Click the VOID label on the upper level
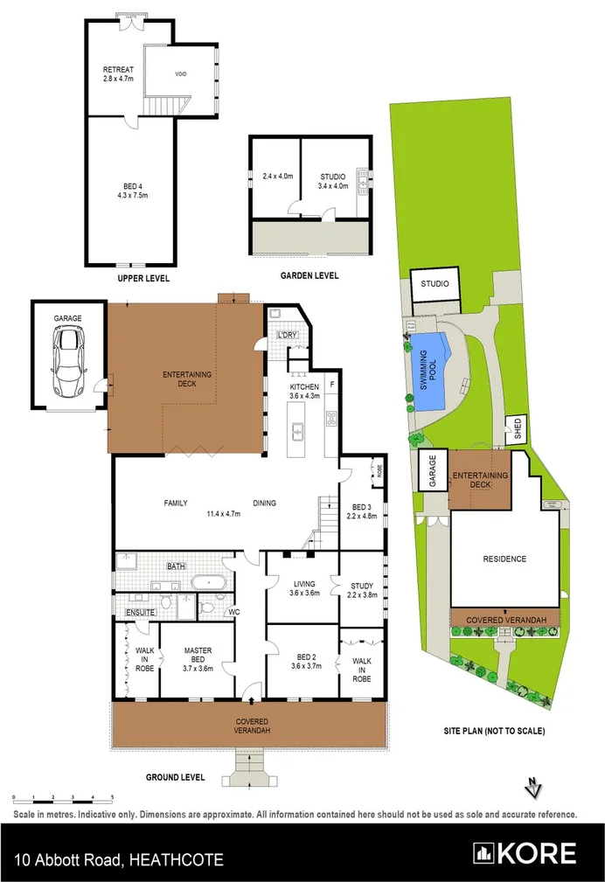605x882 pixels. tap(182, 74)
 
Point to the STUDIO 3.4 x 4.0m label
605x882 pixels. tap(332, 182)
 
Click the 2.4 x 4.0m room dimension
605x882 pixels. tap(278, 177)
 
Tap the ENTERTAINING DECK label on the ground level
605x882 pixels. tap(186, 379)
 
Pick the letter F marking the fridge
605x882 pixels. tap(332, 385)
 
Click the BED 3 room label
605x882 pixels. tap(361, 511)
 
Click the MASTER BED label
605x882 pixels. tap(198, 656)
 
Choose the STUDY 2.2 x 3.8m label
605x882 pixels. tap(361, 591)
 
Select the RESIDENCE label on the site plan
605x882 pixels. tap(504, 559)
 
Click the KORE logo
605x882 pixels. tap(525, 853)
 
